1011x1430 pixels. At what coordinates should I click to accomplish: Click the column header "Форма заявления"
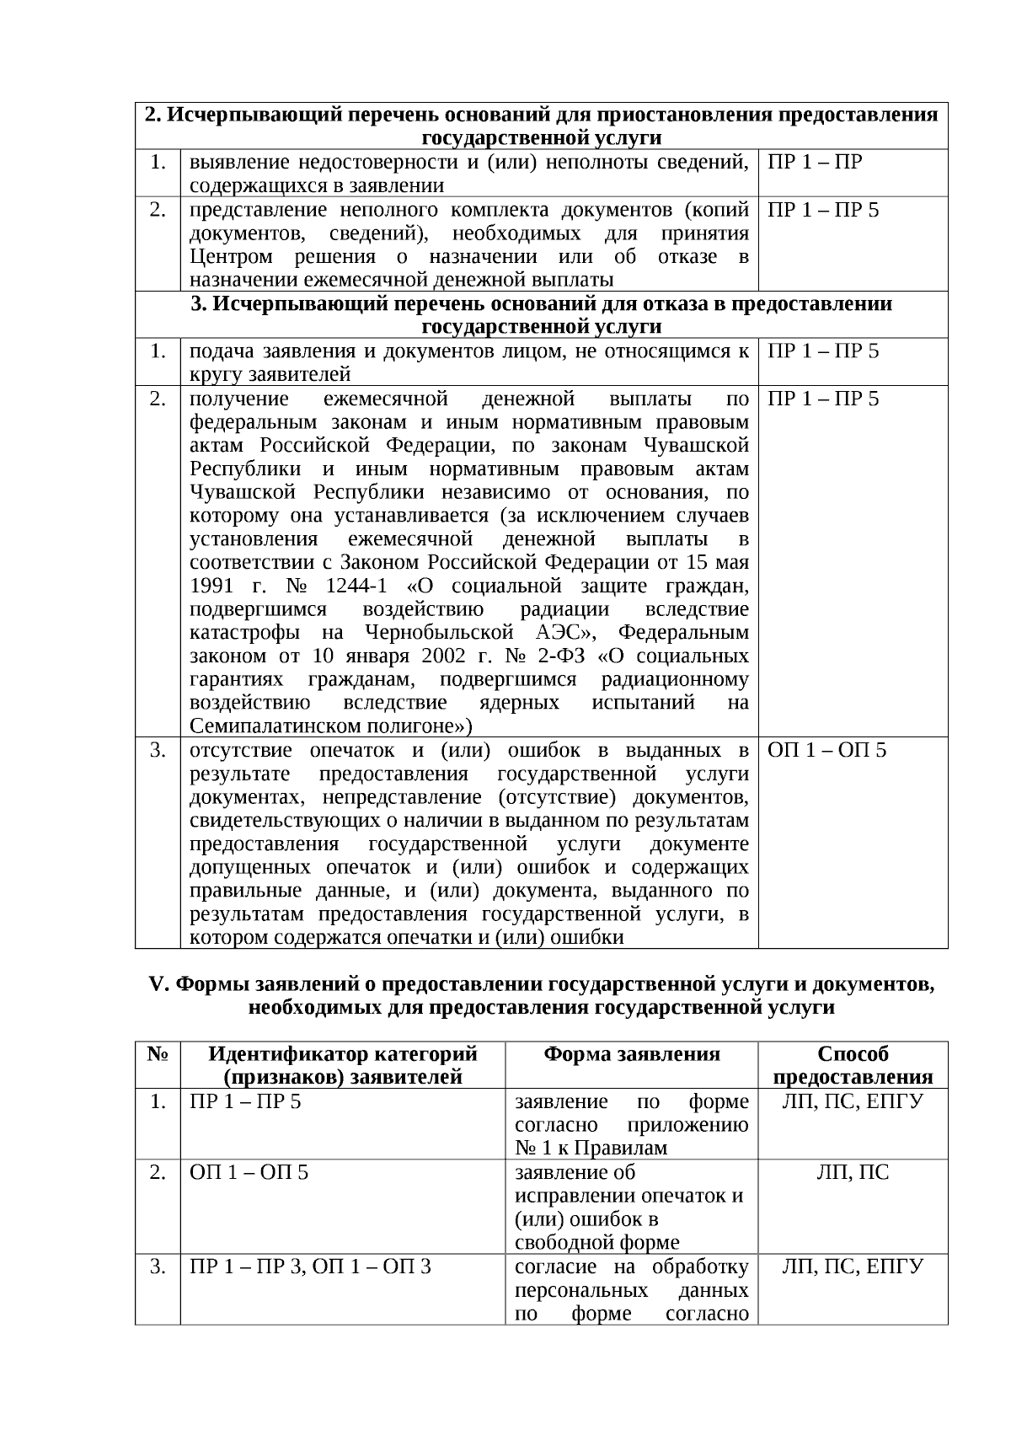pyautogui.click(x=631, y=1054)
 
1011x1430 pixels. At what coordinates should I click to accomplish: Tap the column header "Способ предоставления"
pyautogui.click(x=853, y=1065)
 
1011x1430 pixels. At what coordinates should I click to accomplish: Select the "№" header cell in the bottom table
pyautogui.click(x=157, y=1054)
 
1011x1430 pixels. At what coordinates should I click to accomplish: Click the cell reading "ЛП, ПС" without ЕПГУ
pyautogui.click(x=853, y=1172)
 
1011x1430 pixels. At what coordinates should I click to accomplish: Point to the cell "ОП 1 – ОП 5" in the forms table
pyautogui.click(x=249, y=1172)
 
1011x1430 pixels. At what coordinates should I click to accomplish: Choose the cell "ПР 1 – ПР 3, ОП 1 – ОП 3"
pyautogui.click(x=311, y=1267)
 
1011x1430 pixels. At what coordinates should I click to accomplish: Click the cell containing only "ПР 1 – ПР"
pyautogui.click(x=815, y=162)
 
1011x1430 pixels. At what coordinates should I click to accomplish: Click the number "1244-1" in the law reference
pyautogui.click(x=356, y=586)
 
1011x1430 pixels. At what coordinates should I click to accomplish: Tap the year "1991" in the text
pyautogui.click(x=211, y=586)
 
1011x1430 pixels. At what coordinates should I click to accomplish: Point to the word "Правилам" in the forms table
pyautogui.click(x=625, y=1148)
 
